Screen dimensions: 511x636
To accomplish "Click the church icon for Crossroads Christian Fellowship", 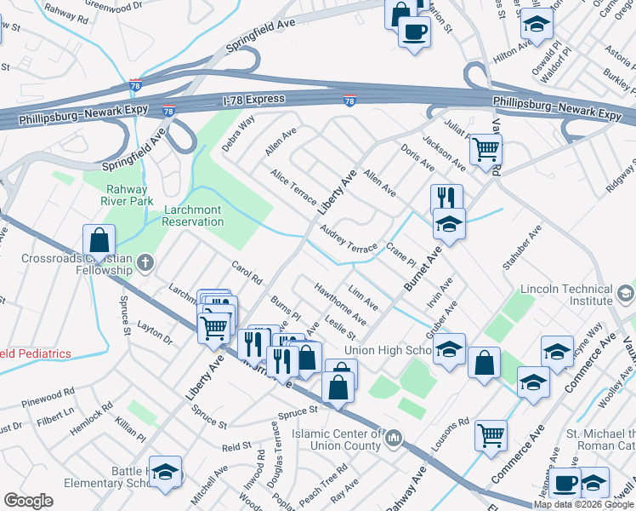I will [x=145, y=263].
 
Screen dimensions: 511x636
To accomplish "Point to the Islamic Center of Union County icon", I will [x=393, y=439].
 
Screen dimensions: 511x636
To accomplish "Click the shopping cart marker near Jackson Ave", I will [x=486, y=150].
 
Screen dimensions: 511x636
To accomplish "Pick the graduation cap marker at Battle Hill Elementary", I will [x=166, y=472].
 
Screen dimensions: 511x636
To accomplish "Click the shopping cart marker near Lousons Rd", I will [x=491, y=435].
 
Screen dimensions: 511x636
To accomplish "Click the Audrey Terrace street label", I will [x=349, y=239].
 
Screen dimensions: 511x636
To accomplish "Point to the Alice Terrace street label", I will [x=292, y=187].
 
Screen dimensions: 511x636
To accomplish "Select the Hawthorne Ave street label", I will [x=340, y=304].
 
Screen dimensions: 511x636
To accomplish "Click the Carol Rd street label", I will [x=247, y=273].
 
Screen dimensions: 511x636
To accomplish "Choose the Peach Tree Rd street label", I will [x=331, y=481].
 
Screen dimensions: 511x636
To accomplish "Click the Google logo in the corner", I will [x=28, y=501].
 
